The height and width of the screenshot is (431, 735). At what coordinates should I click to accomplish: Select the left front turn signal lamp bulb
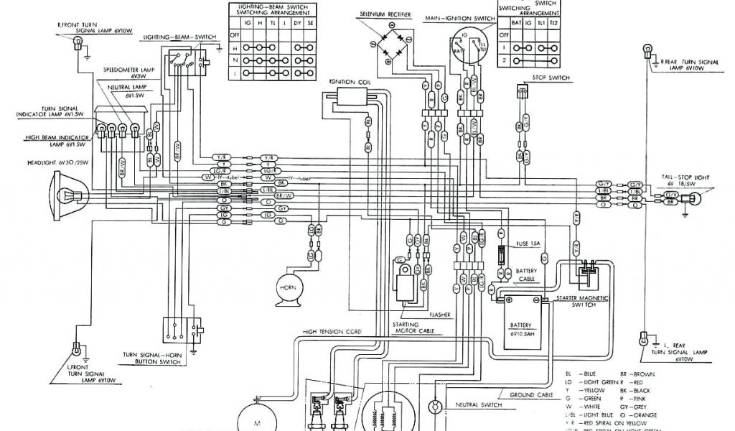[74, 351]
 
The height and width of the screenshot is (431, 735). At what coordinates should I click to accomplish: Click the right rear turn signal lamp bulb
[645, 51]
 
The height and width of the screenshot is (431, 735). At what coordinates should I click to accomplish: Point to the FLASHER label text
[440, 315]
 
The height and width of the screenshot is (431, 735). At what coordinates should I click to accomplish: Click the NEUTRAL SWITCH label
[478, 404]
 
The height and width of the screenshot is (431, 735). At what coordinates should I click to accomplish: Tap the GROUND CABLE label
[530, 394]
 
